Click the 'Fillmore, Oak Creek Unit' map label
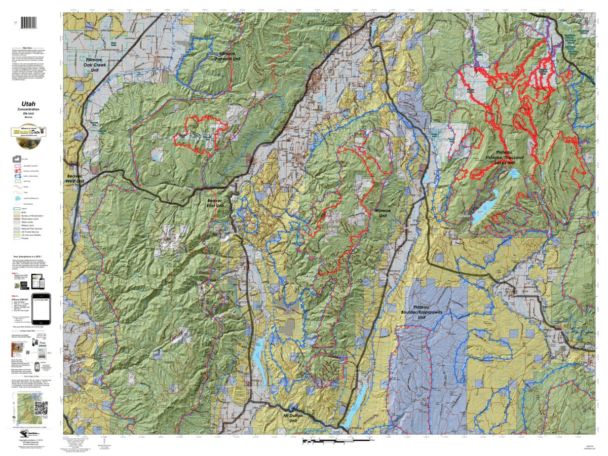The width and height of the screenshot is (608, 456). click(x=100, y=64)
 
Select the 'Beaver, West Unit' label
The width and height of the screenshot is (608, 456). click(x=75, y=178)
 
